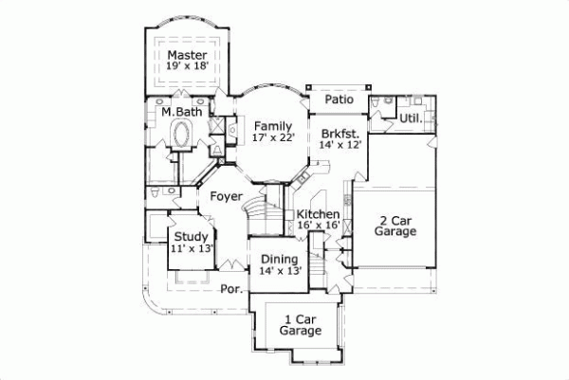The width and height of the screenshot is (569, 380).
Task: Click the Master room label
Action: pos(187,55)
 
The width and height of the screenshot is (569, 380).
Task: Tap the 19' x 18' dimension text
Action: pos(187,67)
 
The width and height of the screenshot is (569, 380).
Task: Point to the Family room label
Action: pos(273,125)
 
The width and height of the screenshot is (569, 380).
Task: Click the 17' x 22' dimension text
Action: pos(273,137)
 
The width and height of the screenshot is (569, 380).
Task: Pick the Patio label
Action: pos(340,99)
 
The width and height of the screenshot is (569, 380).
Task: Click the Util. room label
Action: pos(411,118)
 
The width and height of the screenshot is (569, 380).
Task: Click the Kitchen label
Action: pos(319,214)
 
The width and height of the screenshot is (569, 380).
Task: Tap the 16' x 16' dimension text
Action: pos(319,226)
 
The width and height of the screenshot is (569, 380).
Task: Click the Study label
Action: pos(191,236)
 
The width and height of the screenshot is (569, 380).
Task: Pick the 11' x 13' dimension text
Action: pos(191,248)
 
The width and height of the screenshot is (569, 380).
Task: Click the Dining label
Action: pos(280,259)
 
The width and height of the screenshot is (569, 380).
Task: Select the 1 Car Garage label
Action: pos(300,325)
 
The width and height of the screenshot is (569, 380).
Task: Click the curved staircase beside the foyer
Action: pos(259,213)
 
